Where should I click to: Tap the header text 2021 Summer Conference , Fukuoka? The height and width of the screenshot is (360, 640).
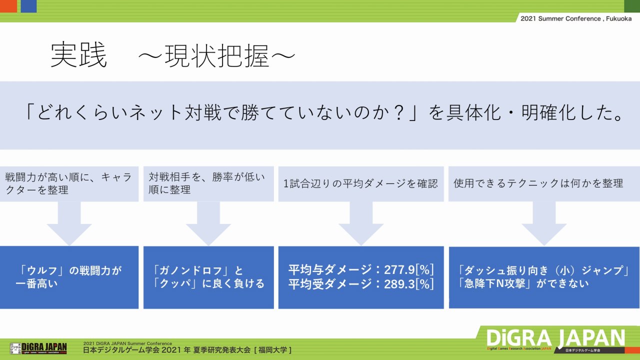point(576,18)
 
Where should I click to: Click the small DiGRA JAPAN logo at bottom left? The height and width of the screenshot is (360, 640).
point(38,347)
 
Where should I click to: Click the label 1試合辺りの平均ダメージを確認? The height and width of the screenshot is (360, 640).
point(360,183)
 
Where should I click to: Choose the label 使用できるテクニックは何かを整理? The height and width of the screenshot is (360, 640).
point(538,183)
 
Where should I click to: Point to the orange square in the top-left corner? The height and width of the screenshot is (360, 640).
point(8,6)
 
